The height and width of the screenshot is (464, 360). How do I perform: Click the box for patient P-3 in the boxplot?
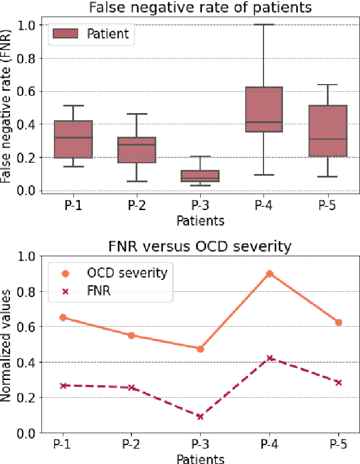tap(200, 176)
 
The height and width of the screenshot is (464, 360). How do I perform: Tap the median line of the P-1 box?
tap(73, 137)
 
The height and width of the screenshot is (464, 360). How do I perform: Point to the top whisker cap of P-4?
tap(263, 25)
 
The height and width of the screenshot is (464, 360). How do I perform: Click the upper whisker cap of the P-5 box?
tap(327, 85)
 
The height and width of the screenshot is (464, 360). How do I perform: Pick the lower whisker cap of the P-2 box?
tap(136, 181)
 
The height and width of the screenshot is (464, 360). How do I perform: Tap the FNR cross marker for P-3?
tap(200, 417)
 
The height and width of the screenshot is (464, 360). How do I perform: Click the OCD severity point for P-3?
tap(200, 349)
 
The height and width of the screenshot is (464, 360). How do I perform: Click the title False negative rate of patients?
tap(200, 8)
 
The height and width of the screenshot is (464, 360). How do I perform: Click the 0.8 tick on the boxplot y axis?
tap(26, 58)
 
